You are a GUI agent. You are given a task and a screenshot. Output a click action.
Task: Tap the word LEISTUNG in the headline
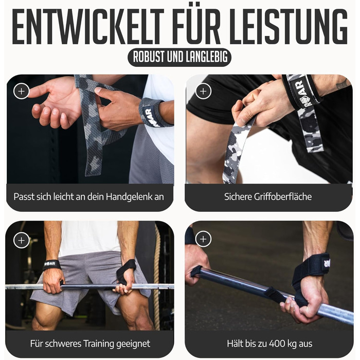point(289,26)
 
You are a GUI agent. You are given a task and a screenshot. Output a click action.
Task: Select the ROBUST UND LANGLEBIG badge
point(179,57)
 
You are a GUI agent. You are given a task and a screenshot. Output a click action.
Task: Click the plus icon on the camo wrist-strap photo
point(22,91)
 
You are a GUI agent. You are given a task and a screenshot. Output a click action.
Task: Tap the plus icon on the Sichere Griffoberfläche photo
point(203,91)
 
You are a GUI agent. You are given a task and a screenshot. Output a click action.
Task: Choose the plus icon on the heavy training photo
point(22,240)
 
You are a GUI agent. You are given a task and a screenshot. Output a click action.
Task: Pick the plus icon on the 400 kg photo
point(203,239)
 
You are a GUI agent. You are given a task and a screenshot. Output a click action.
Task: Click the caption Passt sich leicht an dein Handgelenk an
point(88,197)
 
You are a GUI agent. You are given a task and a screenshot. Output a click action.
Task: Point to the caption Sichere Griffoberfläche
point(268,197)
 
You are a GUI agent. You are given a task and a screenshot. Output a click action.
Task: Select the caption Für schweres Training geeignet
point(90,344)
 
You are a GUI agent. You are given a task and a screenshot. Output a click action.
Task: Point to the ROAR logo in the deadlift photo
point(50,264)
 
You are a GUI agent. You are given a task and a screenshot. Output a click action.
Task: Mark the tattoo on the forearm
point(342,84)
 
